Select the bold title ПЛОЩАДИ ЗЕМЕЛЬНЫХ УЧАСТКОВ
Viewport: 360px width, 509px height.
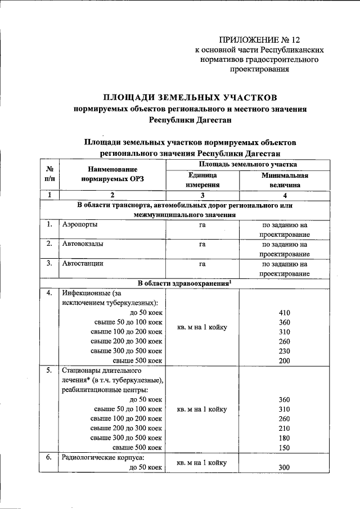[x=190, y=96]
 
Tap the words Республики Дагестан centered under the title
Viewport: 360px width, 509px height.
[x=190, y=119]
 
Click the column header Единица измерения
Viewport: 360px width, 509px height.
[x=201, y=179]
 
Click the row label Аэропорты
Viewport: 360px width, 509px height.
[x=79, y=224]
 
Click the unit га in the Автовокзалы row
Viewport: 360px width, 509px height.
[x=201, y=244]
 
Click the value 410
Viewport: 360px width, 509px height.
[x=285, y=313]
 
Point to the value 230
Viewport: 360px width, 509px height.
[x=285, y=350]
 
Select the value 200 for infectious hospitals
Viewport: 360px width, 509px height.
[x=285, y=361]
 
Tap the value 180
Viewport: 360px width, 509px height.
[x=285, y=437]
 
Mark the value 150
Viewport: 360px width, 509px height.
[x=285, y=447]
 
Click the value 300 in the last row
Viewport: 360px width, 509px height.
[x=285, y=467]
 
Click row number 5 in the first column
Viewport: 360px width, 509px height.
[x=49, y=370]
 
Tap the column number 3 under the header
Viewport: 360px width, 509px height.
[x=201, y=195]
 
